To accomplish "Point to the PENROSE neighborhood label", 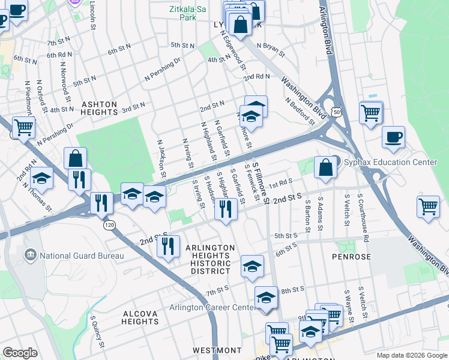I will click(x=351, y=256).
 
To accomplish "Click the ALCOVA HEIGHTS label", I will click(x=140, y=317).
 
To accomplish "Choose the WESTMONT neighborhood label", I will click(x=217, y=350).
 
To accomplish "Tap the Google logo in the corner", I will click(x=20, y=352).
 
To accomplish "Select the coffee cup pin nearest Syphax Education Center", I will click(x=393, y=137).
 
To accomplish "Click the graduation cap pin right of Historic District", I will click(x=252, y=266).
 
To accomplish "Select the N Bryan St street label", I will click(x=271, y=49).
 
